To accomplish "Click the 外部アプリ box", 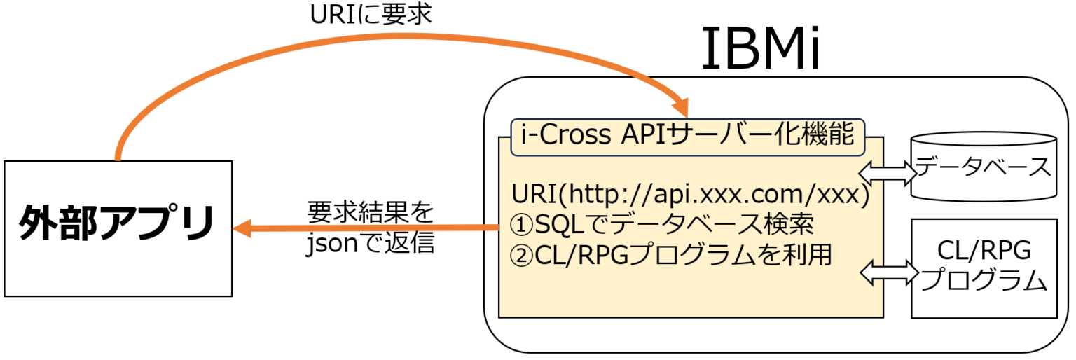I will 118,228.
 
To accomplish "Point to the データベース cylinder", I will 983,166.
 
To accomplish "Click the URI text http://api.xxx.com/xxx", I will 690,193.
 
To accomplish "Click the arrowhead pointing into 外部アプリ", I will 242,228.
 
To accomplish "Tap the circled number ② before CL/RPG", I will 523,255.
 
